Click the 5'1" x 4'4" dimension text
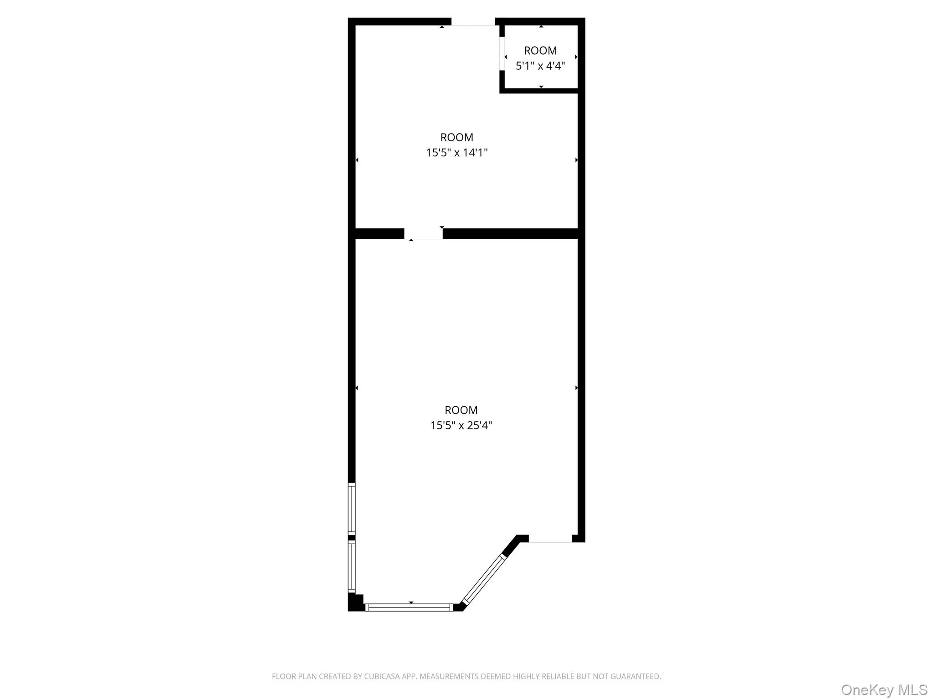point(540,66)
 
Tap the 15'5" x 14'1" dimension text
point(456,153)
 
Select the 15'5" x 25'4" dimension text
point(461,425)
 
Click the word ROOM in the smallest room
point(540,51)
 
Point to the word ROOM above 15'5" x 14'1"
point(456,137)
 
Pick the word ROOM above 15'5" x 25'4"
point(461,410)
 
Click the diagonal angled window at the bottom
point(483,579)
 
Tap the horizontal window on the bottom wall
point(409,607)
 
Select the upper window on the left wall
point(352,509)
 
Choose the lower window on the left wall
point(352,566)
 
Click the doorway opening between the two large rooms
point(423,234)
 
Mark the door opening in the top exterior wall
point(473,22)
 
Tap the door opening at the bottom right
point(550,539)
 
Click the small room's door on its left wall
point(502,54)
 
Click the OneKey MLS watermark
point(884,690)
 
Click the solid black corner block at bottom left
point(355,602)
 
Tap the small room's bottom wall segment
point(539,91)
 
